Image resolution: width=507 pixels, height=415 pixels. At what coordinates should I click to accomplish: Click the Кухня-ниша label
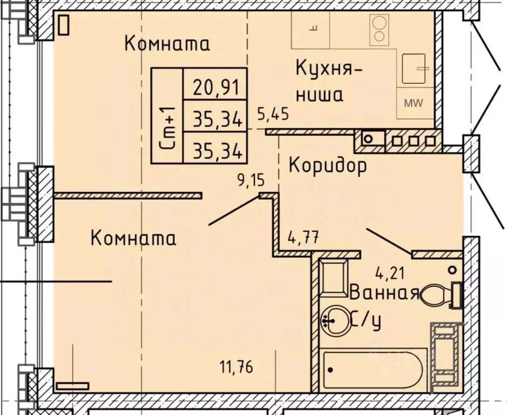tap(323, 82)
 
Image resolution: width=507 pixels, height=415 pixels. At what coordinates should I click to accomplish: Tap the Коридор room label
tap(328, 165)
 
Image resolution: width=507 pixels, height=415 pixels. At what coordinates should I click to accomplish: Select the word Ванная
tap(384, 293)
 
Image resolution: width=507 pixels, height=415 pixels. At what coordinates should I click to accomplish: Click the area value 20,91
tap(215, 86)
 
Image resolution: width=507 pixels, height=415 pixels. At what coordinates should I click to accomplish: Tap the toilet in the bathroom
tap(440, 295)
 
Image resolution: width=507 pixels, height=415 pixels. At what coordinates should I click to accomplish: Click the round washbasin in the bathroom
tap(335, 319)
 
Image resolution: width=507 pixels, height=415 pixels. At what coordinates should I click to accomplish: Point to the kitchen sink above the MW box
tap(415, 68)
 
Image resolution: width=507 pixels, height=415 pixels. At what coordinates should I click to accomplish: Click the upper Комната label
tap(167, 43)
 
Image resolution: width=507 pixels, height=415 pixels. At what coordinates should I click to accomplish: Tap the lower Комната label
tap(133, 237)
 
